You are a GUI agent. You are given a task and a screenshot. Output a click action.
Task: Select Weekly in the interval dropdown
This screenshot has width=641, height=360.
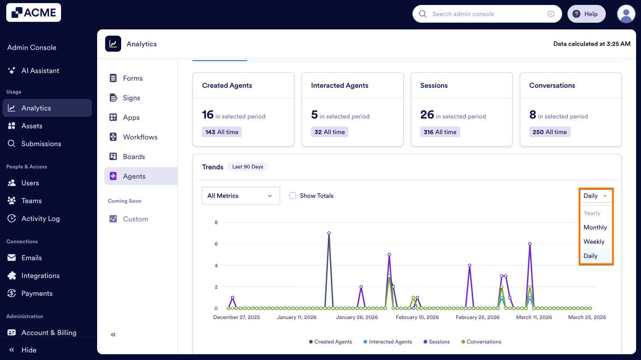[594, 241]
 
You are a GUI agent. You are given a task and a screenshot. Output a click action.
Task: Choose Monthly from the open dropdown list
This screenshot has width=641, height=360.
[595, 227]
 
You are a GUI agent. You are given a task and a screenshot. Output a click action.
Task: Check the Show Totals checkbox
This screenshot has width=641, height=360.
[293, 196]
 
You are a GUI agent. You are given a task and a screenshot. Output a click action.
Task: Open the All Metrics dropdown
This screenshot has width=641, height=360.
[241, 196]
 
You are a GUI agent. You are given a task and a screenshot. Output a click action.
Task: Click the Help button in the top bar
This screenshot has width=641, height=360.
[586, 14]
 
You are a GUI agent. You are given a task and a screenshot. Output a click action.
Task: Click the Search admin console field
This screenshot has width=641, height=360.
[486, 14]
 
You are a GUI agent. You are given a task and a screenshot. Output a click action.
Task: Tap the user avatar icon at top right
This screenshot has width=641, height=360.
[626, 14]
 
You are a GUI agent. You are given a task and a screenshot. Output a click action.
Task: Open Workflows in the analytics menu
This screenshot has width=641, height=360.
[140, 137]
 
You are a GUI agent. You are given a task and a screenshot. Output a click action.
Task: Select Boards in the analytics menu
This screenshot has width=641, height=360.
[134, 156]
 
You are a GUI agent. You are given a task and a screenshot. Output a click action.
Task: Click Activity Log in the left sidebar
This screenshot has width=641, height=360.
[40, 218]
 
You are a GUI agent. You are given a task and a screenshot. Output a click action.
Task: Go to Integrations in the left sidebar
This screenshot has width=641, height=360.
[40, 275]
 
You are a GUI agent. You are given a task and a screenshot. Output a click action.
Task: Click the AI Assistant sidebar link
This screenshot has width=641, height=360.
[40, 70]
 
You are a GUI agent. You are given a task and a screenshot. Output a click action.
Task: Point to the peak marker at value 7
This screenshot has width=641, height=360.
[329, 233]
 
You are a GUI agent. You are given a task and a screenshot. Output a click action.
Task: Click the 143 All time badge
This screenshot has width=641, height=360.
[222, 132]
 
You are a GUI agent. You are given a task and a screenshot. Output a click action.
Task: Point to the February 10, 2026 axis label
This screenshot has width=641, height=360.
[417, 317]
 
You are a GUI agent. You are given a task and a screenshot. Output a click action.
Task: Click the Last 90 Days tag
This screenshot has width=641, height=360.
[248, 167]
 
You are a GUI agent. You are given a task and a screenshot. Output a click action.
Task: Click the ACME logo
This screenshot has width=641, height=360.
[33, 12]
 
